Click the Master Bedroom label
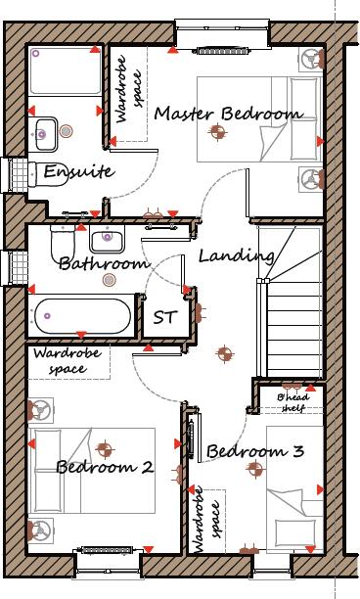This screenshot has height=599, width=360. point(227,114)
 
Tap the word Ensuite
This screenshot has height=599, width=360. point(79,172)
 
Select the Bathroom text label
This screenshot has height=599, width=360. point(103,262)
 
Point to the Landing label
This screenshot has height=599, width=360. point(236,256)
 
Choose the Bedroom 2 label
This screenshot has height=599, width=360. point(104,467)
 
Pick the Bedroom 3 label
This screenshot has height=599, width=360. point(255,451)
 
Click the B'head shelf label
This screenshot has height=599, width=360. point(293,403)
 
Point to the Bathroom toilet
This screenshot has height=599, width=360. point(62,245)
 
